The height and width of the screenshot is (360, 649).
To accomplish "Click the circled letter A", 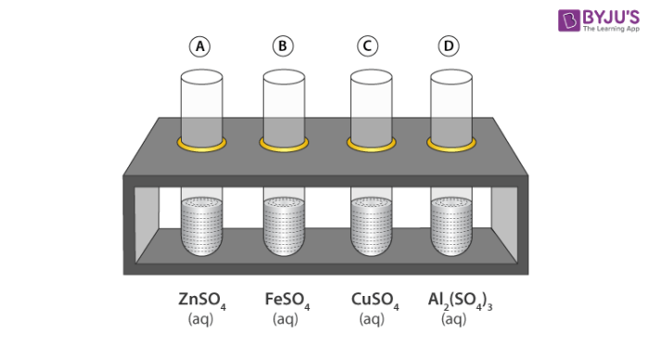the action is pyautogui.click(x=200, y=46).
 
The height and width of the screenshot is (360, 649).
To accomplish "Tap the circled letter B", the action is pyautogui.click(x=283, y=46).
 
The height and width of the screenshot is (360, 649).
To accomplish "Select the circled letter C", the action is pyautogui.click(x=367, y=46).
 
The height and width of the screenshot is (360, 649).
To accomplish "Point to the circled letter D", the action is pyautogui.click(x=449, y=46).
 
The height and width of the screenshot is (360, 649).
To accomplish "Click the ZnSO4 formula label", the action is pyautogui.click(x=202, y=301).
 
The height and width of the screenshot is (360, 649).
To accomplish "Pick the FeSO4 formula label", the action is pyautogui.click(x=287, y=301).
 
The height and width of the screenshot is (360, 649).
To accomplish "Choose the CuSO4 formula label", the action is pyautogui.click(x=375, y=301).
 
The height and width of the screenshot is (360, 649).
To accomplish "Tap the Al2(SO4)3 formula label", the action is pyautogui.click(x=460, y=301).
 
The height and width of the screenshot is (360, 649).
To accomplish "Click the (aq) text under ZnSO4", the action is pyautogui.click(x=201, y=319).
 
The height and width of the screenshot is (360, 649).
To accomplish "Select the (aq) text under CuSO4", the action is pyautogui.click(x=372, y=319).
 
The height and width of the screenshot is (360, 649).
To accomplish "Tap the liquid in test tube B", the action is pyautogui.click(x=284, y=225).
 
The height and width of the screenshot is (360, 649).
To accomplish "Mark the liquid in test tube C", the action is pyautogui.click(x=371, y=225).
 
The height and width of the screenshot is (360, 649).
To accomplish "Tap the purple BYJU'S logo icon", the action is pyautogui.click(x=568, y=20).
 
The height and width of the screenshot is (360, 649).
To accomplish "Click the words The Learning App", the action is pyautogui.click(x=611, y=29).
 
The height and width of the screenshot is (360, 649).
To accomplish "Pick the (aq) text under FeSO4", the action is pyautogui.click(x=286, y=319).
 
